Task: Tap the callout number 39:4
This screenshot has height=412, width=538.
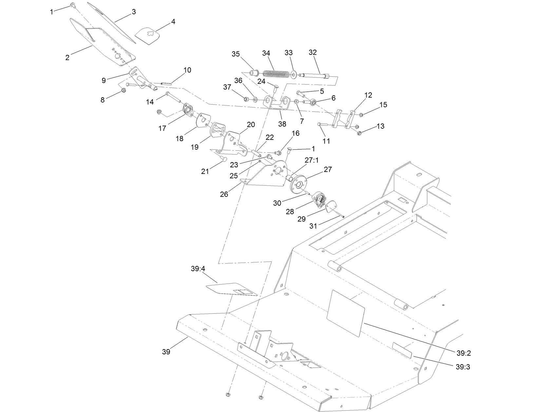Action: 198,269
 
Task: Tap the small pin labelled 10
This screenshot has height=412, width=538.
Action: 167,84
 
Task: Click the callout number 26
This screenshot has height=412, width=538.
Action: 224,195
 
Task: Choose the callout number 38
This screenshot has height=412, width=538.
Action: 282,124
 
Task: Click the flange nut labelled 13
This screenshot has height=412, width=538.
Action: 359,133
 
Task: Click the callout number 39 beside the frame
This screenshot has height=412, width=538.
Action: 166,352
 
